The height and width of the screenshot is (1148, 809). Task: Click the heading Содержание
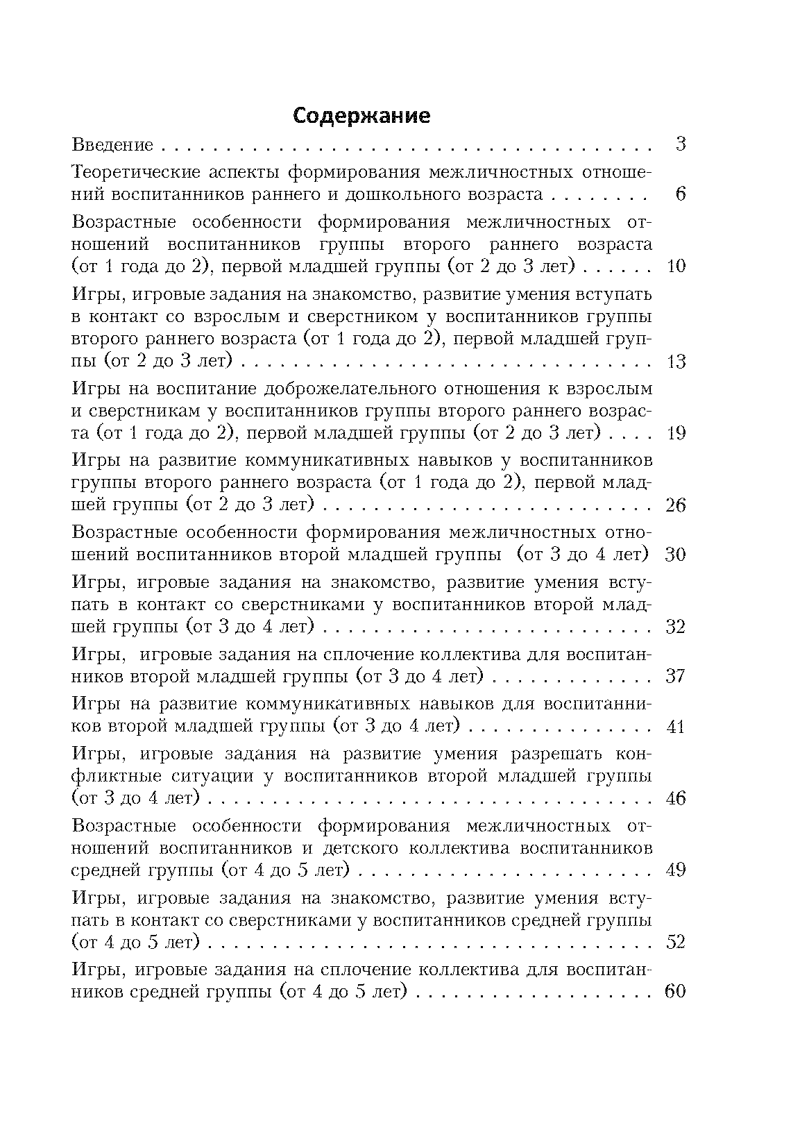361,115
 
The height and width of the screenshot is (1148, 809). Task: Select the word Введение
112,145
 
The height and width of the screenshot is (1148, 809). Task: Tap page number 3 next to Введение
680,145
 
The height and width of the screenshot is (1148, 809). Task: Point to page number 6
680,194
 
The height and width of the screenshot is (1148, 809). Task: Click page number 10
676,267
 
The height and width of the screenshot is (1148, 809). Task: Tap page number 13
676,362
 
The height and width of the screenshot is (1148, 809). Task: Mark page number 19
676,434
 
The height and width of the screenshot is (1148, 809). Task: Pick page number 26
676,505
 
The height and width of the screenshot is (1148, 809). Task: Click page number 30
676,555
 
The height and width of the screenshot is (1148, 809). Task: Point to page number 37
676,676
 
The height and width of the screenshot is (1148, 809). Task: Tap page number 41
676,727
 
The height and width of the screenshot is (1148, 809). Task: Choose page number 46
676,798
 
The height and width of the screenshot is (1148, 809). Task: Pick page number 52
676,942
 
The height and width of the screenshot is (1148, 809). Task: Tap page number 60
676,991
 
